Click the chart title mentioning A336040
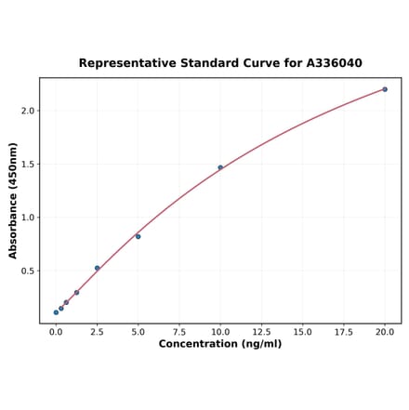tap(220, 63)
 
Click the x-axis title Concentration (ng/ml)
tap(220, 344)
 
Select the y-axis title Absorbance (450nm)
tap(13, 201)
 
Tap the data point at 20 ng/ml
tap(385, 89)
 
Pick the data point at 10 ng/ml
tap(220, 167)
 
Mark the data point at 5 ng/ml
tap(139, 236)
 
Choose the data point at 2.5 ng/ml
tap(97, 268)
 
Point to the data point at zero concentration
tap(56, 312)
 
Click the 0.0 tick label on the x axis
tap(56, 330)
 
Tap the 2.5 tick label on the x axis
tap(97, 330)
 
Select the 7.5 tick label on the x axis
tap(179, 330)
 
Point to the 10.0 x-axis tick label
tap(220, 330)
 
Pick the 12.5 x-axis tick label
tap(261, 330)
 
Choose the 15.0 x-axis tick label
tap(302, 330)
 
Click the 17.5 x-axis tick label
tap(344, 330)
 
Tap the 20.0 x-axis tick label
tap(385, 330)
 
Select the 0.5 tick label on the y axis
tap(28, 271)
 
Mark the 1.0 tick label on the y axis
tap(28, 218)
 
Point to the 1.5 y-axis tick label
tap(28, 165)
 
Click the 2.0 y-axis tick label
tap(28, 111)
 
